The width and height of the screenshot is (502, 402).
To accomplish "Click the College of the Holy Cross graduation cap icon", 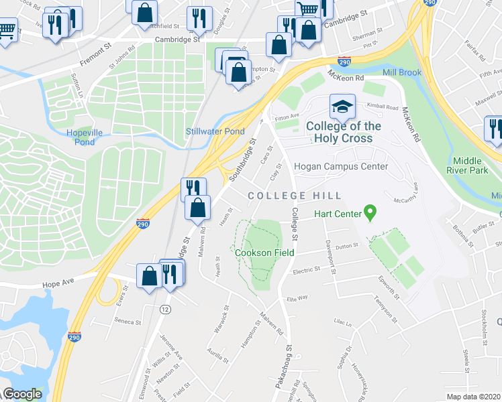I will pos(342,106).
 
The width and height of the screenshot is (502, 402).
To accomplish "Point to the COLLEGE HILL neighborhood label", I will pos(295,195).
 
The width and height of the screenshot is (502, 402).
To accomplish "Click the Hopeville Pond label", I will pos(85,137).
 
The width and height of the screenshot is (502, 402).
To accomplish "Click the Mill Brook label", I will pos(401,72).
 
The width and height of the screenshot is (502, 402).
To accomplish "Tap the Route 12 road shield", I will pos(164,309).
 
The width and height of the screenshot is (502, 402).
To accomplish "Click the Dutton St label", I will pos(347,247).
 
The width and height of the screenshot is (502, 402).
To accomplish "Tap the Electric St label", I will pos(307,271).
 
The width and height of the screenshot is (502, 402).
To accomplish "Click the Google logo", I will pos(22,394).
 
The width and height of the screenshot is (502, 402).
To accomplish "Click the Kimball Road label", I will pos(382,107).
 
